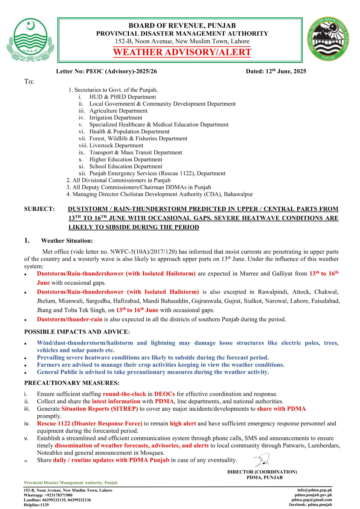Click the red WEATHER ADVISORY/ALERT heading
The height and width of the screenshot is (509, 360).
pyautogui.click(x=182, y=52)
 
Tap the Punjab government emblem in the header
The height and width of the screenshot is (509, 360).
pyautogui.click(x=30, y=40)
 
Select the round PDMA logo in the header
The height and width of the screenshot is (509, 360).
pyautogui.click(x=328, y=39)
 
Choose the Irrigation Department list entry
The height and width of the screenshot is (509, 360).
pyautogui.click(x=116, y=118)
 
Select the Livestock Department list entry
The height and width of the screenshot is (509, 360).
pyautogui.click(x=116, y=145)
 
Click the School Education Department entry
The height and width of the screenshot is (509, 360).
pyautogui.click(x=126, y=166)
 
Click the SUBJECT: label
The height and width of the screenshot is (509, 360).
pyautogui.click(x=39, y=209)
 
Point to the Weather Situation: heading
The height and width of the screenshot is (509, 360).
pyautogui.click(x=67, y=241)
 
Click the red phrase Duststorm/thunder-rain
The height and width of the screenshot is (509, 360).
pyautogui.click(x=69, y=319)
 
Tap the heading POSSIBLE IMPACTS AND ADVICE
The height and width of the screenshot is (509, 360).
pyautogui.click(x=77, y=332)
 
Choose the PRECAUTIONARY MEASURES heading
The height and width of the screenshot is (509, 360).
pyautogui.click(x=72, y=383)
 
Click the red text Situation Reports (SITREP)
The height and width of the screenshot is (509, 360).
pyautogui.click(x=100, y=409)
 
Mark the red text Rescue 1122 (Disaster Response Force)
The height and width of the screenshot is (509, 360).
pyautogui.click(x=89, y=423)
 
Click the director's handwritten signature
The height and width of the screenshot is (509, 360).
pyautogui.click(x=262, y=460)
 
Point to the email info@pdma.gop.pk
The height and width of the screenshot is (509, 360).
pyautogui.click(x=314, y=490)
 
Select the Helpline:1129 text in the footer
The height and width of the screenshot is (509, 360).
pyautogui.click(x=36, y=505)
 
